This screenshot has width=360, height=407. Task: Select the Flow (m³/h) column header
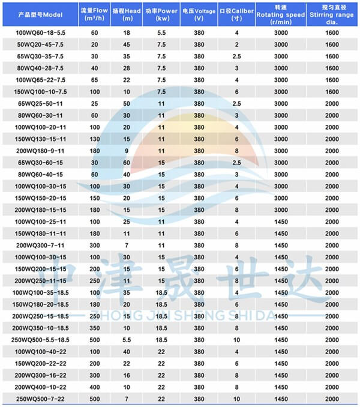coord(94,14)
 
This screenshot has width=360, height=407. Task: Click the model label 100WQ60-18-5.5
coord(41,34)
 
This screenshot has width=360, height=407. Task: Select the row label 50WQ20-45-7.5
coord(41,45)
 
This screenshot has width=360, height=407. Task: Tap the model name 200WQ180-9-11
coord(41,150)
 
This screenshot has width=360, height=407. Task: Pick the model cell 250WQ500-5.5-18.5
coord(41,339)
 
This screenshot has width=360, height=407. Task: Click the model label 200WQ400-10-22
coord(41,386)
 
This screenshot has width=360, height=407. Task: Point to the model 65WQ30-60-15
coord(41,162)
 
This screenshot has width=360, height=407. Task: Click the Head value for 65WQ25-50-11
coord(127,103)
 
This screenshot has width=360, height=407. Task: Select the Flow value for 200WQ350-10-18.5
coord(94,328)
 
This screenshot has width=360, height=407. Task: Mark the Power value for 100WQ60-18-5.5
coord(161,34)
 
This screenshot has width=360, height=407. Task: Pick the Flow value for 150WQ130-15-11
coord(94,139)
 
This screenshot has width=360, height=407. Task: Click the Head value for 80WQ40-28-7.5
coord(127,68)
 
